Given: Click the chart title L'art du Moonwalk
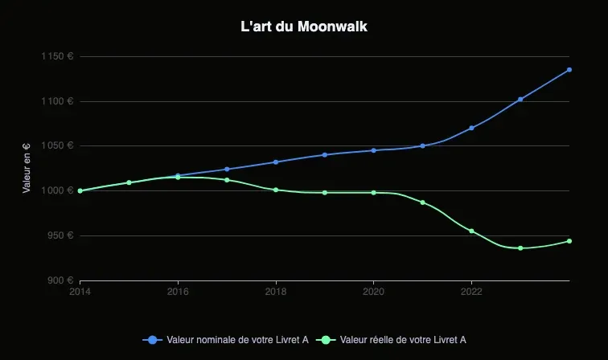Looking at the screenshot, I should coord(304,27).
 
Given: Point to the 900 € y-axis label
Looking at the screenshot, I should coord(60,280).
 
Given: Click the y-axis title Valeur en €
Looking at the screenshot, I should coord(27,168).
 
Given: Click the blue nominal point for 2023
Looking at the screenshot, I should coord(520,99).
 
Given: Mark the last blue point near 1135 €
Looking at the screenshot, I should coord(569,70).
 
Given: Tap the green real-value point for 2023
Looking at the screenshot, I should coord(520,248).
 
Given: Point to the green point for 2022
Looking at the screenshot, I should coord(471,231).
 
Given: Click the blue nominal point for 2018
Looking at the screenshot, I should coord(276,162).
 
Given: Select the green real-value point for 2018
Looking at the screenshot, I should coord(276,190).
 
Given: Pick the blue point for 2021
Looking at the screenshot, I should coord(422,146).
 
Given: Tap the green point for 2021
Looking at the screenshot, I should coord(422,202).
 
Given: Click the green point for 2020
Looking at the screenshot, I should coord(374,193).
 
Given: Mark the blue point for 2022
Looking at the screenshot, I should coord(471,128).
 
